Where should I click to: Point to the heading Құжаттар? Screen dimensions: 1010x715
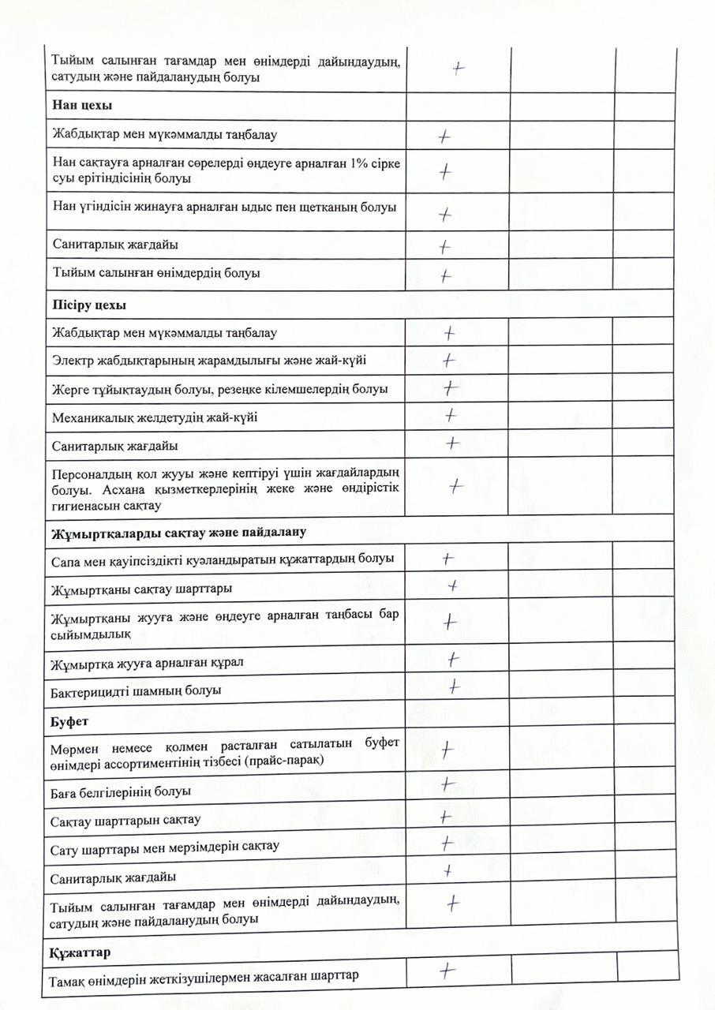coord(80,952)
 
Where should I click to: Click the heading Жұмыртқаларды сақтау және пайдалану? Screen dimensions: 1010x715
coord(178,531)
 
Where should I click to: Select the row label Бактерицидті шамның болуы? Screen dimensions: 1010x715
coord(135,690)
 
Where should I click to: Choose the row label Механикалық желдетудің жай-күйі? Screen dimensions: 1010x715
coord(154,417)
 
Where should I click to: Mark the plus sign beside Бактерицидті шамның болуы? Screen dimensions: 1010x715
coord(455,686)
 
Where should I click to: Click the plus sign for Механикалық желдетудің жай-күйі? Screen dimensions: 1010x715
coord(451,413)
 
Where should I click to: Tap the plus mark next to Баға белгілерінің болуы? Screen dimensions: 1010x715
coord(447,784)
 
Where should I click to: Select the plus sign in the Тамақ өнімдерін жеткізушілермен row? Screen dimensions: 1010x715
coord(447,971)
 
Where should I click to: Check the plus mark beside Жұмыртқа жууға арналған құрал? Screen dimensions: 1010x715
coord(454,658)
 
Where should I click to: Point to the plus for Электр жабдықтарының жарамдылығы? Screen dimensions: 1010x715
coord(449,361)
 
